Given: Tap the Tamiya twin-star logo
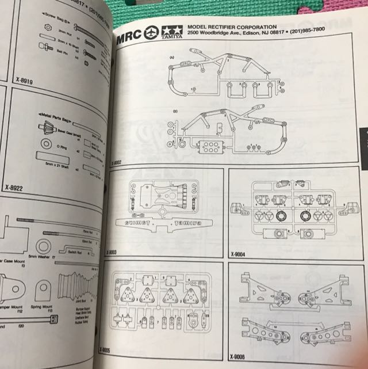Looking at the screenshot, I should pos(170,33).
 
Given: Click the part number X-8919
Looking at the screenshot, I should pos(24,81).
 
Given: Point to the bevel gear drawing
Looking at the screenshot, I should pos(45,130).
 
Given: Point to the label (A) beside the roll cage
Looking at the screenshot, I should pos(171,58).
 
